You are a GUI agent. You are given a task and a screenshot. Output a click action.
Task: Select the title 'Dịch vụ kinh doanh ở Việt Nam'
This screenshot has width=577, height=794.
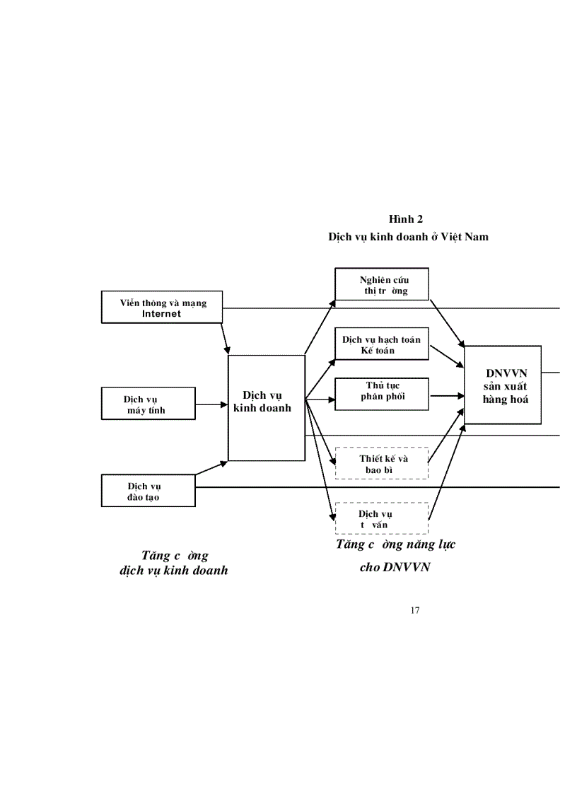[x=408, y=237]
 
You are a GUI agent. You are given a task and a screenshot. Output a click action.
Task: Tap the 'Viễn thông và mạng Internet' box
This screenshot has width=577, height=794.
[x=163, y=308]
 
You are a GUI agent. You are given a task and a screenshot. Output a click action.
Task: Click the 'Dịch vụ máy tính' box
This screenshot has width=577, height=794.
[x=148, y=404]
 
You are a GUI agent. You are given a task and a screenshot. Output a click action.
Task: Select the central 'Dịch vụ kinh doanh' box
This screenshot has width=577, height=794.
[x=266, y=407]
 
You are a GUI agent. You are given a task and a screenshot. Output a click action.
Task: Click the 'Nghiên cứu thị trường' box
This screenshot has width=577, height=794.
[x=382, y=284]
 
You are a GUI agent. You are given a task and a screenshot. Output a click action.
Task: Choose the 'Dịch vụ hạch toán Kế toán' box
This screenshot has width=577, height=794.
[x=382, y=344]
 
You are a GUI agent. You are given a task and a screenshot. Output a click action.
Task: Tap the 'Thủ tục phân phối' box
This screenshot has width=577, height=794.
[x=382, y=394]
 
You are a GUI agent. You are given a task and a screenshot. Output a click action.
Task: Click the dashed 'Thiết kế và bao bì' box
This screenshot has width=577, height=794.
[x=382, y=463]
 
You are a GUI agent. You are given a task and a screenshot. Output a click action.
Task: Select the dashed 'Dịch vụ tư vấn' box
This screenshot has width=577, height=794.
[x=382, y=518]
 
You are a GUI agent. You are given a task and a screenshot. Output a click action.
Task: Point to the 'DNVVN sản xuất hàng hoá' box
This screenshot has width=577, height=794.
[x=503, y=385]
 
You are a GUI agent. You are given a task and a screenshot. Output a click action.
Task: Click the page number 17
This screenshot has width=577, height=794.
[x=414, y=610]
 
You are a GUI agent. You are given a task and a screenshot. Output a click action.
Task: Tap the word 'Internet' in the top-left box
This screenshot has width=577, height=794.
[x=162, y=313]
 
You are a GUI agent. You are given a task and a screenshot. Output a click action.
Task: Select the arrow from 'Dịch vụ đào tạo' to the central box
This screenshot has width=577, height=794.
[x=211, y=467]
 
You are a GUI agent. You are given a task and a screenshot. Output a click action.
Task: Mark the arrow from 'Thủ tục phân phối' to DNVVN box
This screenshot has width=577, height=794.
[x=447, y=396]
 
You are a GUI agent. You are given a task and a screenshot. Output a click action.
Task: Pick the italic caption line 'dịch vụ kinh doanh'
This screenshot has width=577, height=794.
[x=174, y=570]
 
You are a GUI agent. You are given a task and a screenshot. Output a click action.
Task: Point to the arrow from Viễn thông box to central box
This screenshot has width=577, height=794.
[x=226, y=339]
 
